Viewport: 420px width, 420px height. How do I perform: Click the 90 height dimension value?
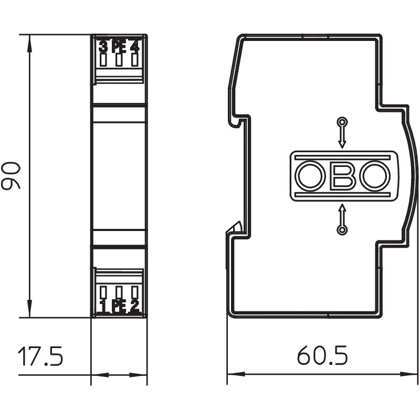(x=10, y=175)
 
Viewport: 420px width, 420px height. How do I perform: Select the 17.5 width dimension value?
(x=40, y=356)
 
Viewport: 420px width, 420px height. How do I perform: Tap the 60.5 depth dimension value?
(x=322, y=355)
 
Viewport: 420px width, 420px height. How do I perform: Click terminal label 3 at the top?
(x=103, y=47)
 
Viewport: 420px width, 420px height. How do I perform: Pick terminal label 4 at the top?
(x=134, y=47)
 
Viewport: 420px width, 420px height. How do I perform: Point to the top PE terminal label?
(x=119, y=47)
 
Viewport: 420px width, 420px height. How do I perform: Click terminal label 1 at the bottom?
(x=103, y=307)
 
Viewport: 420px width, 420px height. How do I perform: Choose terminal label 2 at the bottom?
(x=134, y=307)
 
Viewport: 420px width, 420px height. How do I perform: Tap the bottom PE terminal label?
(x=119, y=307)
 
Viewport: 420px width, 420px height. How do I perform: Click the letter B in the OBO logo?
(x=343, y=176)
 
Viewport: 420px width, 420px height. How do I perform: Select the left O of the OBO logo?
(x=310, y=176)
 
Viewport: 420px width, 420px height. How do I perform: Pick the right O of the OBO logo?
(x=375, y=176)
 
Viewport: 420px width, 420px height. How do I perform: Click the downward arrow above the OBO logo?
(x=342, y=133)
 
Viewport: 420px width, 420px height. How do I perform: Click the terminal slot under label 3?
(x=103, y=60)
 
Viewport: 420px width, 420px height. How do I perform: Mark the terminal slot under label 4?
(x=134, y=60)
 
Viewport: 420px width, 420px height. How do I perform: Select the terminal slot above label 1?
(x=103, y=292)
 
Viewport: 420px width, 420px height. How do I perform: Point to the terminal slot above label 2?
(x=135, y=292)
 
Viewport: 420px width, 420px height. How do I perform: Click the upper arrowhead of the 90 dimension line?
(x=29, y=44)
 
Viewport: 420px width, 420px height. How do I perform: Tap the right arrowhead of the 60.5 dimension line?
(x=409, y=374)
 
